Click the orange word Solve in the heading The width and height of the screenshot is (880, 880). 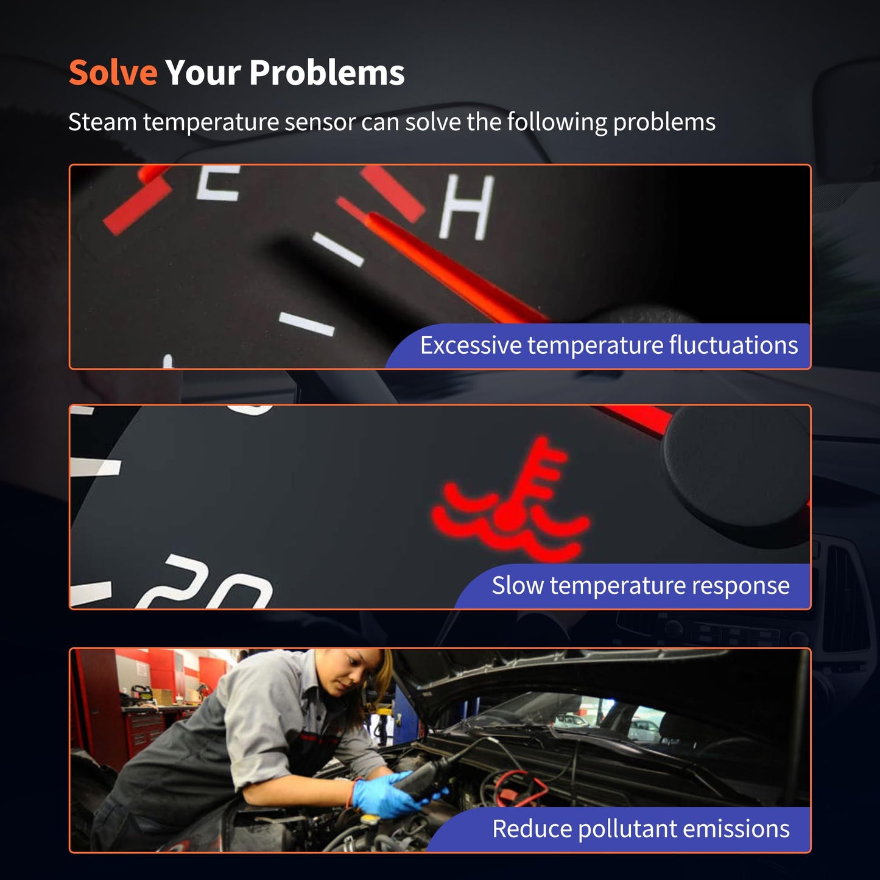113,72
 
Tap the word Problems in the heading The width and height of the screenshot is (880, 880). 327,72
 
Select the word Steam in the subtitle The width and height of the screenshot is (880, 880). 103,122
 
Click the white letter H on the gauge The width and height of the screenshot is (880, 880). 466,208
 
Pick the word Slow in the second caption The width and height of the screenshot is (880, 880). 518,585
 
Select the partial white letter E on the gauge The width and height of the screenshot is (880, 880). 218,183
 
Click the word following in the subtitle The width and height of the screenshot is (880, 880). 557,122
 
